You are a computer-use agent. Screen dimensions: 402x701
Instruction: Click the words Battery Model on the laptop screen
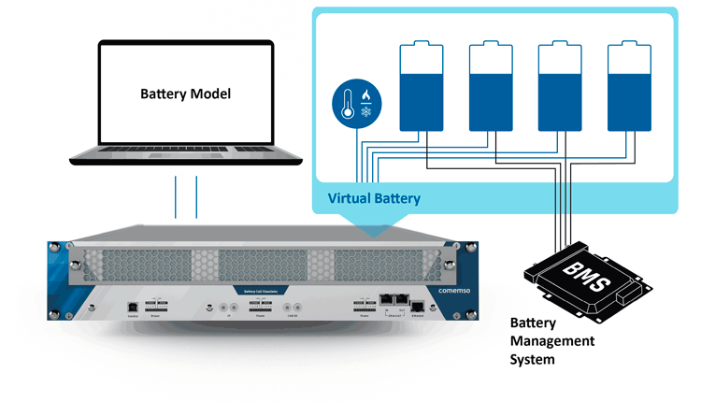185,94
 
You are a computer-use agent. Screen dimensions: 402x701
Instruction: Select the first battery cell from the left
418,87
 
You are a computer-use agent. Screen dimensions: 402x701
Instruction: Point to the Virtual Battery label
374,198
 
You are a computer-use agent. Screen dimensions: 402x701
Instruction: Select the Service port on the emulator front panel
134,307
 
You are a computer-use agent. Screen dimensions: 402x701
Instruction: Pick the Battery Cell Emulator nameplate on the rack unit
257,292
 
